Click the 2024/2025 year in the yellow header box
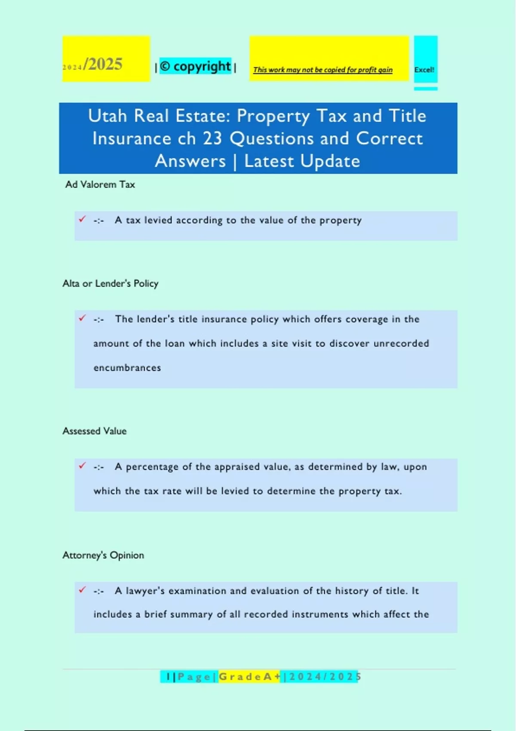click(93, 64)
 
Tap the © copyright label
click(196, 66)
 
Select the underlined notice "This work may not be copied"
click(322, 70)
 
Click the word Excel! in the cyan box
click(424, 70)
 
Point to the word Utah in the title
click(107, 116)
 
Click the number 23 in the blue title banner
click(212, 139)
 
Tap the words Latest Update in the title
click(302, 161)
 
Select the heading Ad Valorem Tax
click(100, 184)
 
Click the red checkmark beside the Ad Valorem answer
click(82, 219)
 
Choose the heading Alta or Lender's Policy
click(111, 283)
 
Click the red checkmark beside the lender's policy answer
click(82, 318)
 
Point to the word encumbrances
click(127, 368)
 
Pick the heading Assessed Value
click(95, 431)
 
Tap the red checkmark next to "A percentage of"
click(82, 466)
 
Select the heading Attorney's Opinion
click(103, 555)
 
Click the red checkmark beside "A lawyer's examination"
click(82, 590)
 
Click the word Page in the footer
click(194, 677)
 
